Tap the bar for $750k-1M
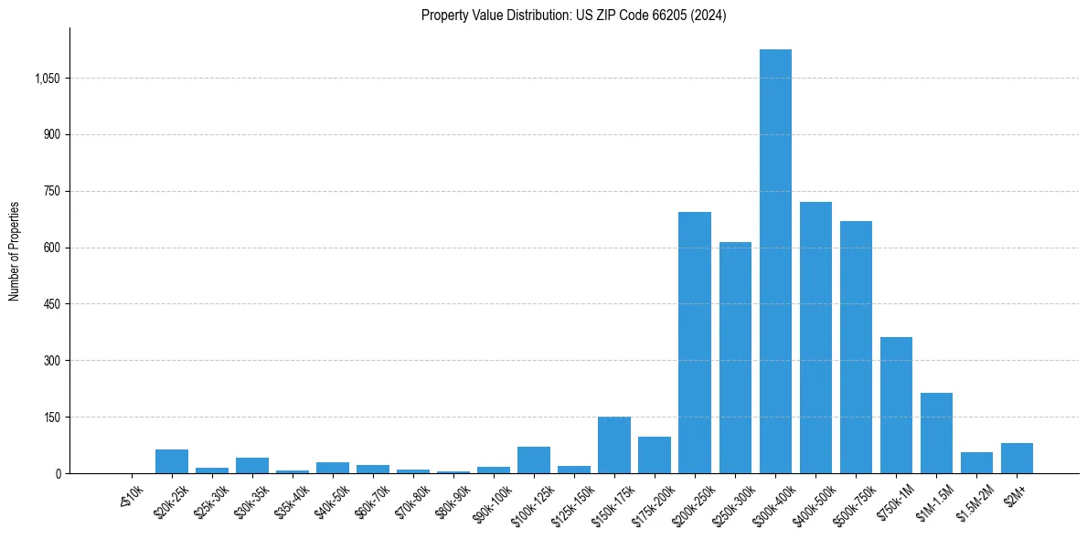pos(896,406)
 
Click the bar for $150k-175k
pos(614,445)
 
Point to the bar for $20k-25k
pos(172,461)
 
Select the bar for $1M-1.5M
pos(936,433)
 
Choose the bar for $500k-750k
pos(856,347)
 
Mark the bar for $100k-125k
pos(534,460)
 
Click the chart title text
pos(573,16)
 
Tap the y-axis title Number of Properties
pos(15,251)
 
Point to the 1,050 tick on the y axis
pos(47,79)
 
